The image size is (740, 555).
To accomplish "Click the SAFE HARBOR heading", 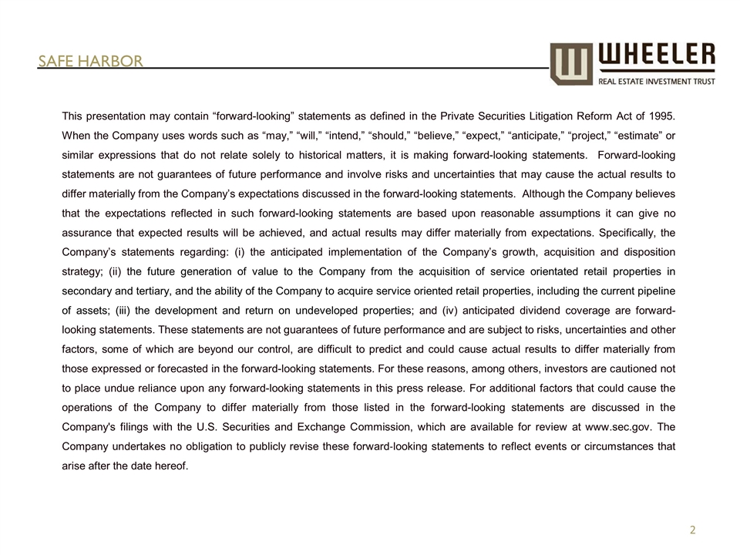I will click(x=91, y=61).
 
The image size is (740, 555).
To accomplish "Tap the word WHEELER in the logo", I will click(x=657, y=55).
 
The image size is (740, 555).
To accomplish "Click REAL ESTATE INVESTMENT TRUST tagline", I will click(x=657, y=80).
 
